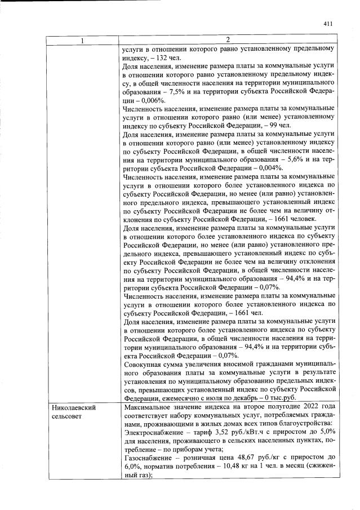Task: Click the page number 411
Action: (329, 24)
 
